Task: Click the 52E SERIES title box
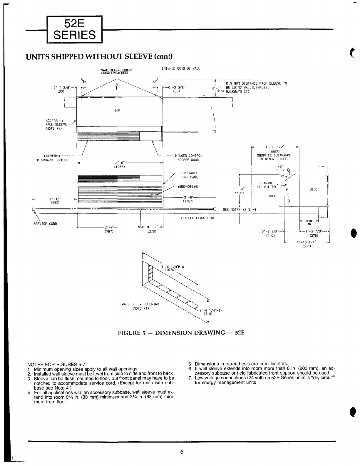74,29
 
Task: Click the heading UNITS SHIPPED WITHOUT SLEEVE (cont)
99,57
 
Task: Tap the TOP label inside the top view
117,111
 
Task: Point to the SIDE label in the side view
314,189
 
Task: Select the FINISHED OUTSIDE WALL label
180,69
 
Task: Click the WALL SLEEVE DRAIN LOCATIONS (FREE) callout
116,71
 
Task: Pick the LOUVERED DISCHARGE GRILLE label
53,158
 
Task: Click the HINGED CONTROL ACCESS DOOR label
188,158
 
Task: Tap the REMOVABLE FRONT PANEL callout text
189,175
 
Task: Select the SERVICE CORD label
45,224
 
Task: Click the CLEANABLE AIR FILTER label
266,185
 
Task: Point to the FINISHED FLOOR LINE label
197,218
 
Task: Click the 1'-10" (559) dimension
55,201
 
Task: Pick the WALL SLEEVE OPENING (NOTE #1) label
140,306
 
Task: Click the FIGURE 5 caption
181,333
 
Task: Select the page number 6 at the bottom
182,452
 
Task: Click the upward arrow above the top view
117,87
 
